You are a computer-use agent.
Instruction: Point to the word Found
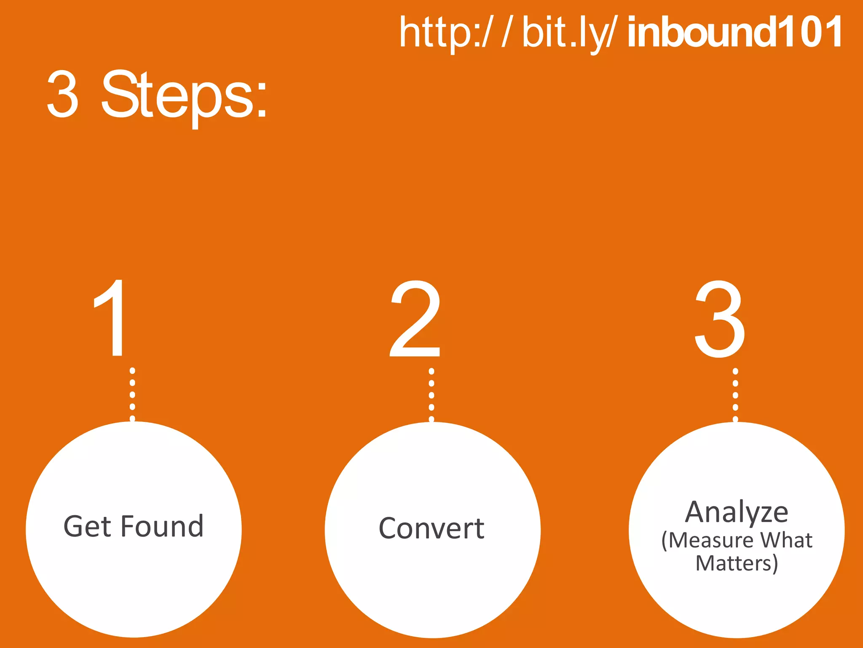[163, 526]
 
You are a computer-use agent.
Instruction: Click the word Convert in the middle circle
[431, 528]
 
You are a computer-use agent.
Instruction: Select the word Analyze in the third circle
[737, 513]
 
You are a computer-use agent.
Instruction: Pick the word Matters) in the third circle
[737, 564]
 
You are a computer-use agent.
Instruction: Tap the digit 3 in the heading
[62, 94]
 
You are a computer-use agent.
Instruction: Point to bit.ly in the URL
[565, 33]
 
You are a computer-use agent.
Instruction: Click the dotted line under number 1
[132, 394]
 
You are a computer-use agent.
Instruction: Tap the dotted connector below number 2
[431, 395]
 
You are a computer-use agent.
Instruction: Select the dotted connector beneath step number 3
[735, 395]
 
